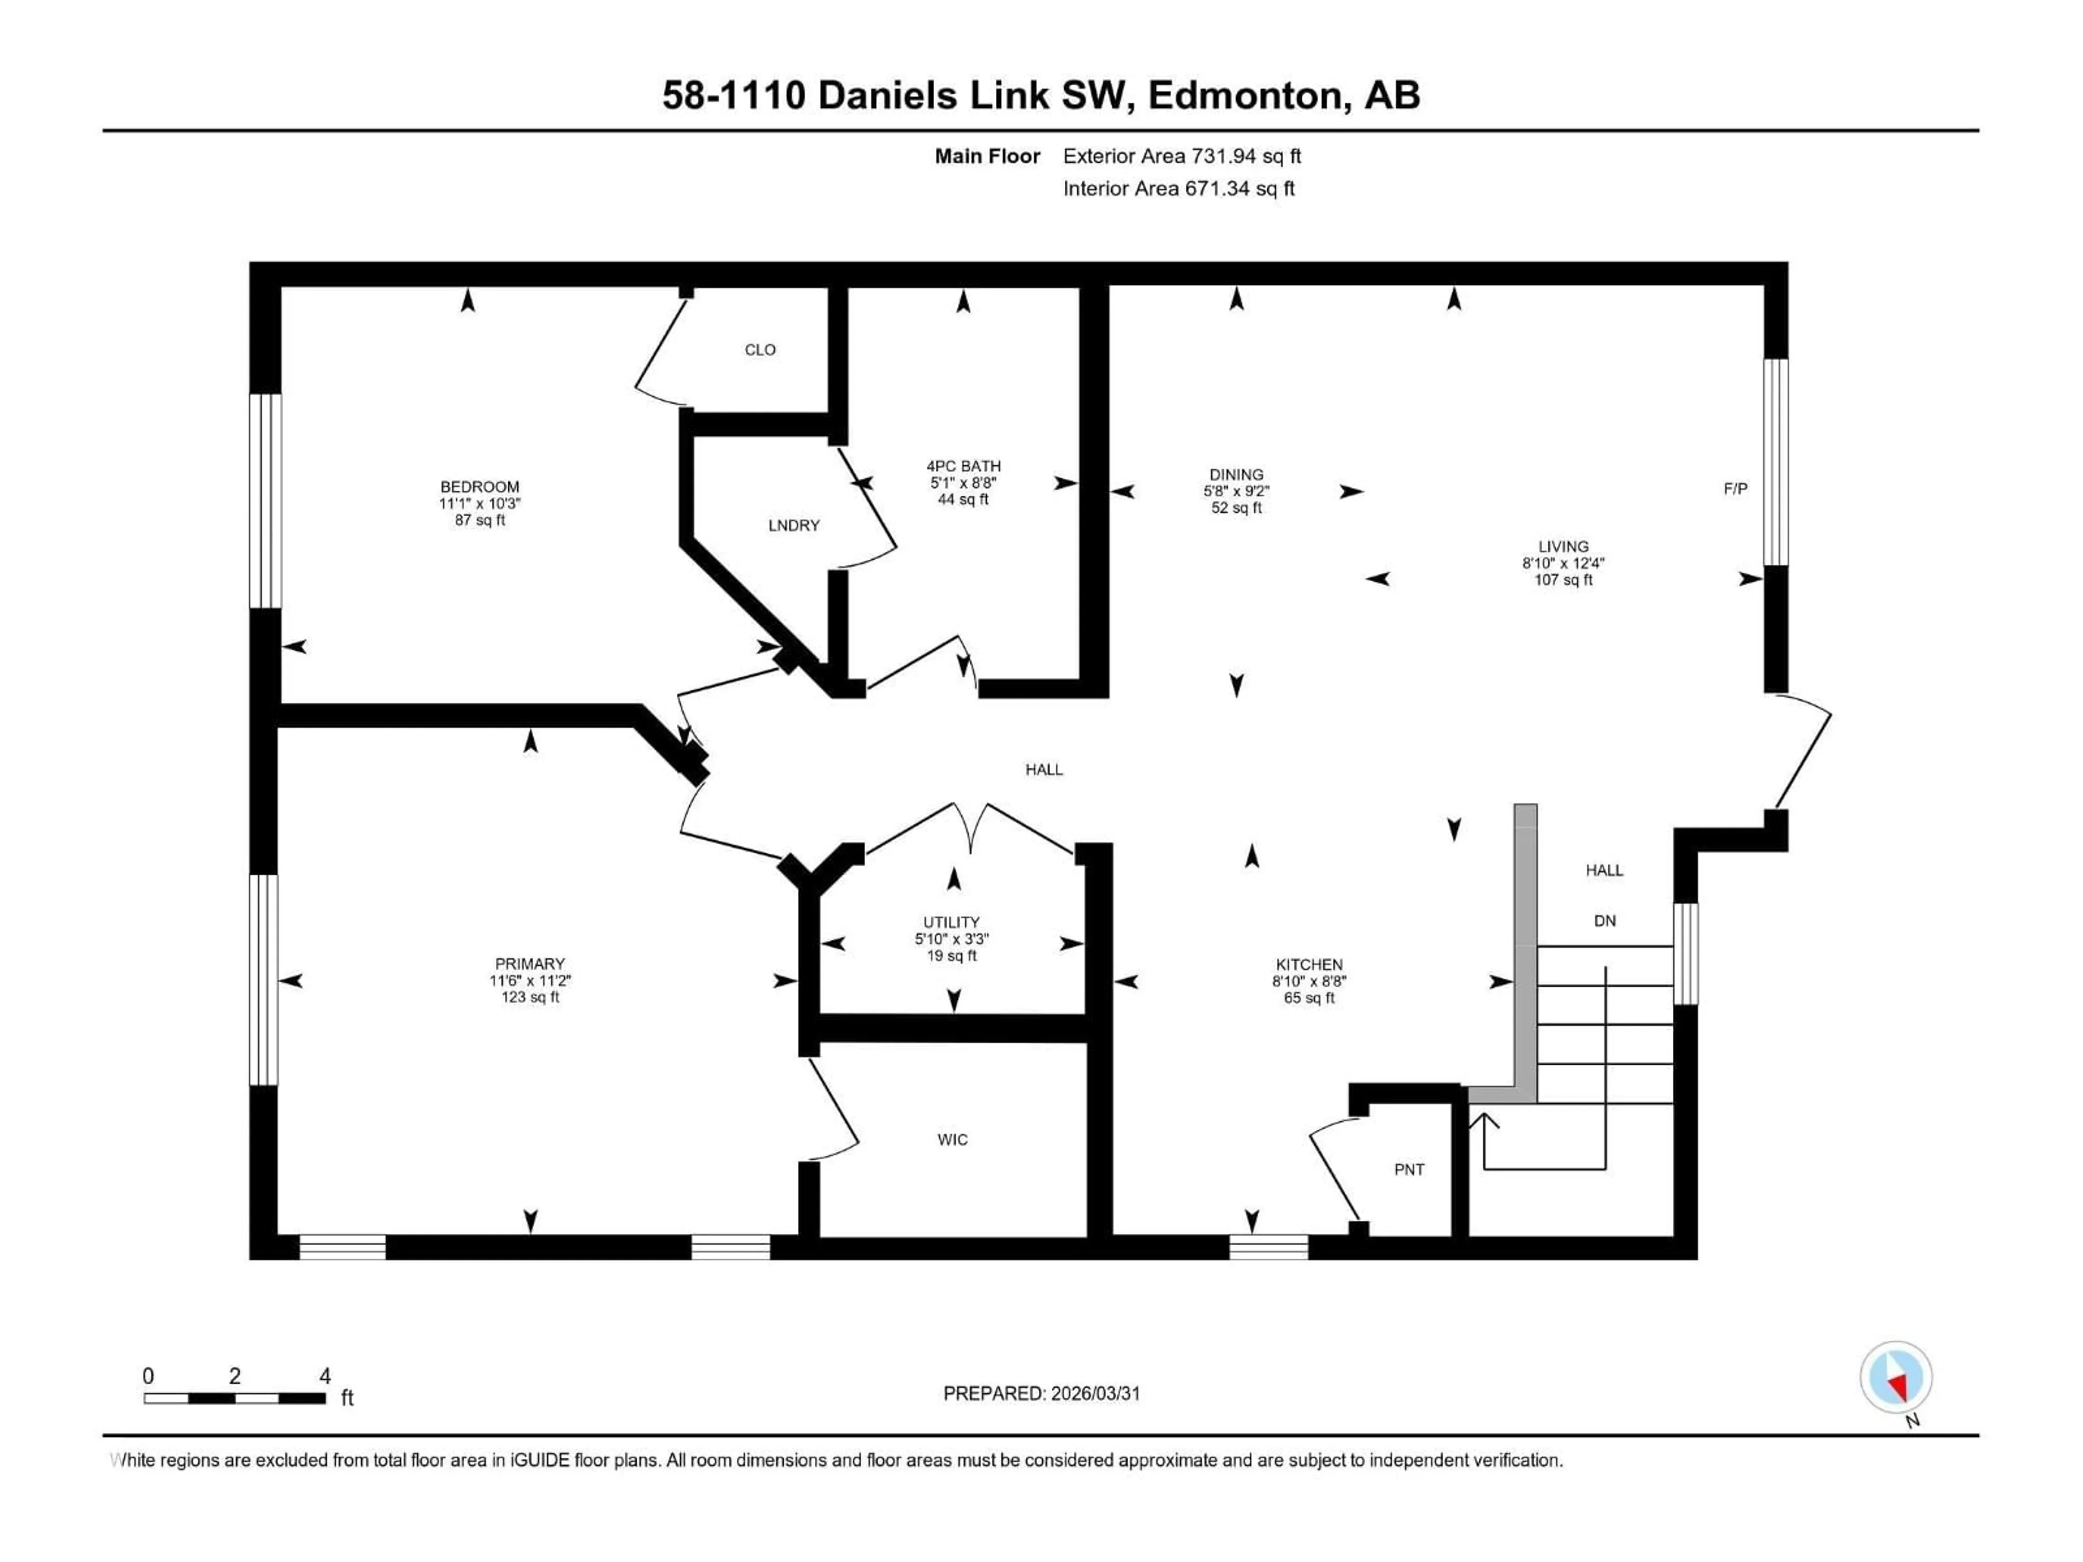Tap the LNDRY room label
coord(794,526)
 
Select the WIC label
coord(952,1140)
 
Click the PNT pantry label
coord(1409,1169)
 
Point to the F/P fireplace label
coord(1735,489)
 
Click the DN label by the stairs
coord(1605,921)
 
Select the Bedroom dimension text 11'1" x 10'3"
coord(480,504)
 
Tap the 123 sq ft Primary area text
coord(530,997)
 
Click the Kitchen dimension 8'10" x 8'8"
coord(1309,981)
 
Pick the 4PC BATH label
coord(963,466)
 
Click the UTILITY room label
coord(951,922)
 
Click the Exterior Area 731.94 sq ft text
coord(1182,156)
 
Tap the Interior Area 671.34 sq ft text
coord(1178,188)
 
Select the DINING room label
coord(1236,475)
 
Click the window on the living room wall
coord(1775,462)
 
